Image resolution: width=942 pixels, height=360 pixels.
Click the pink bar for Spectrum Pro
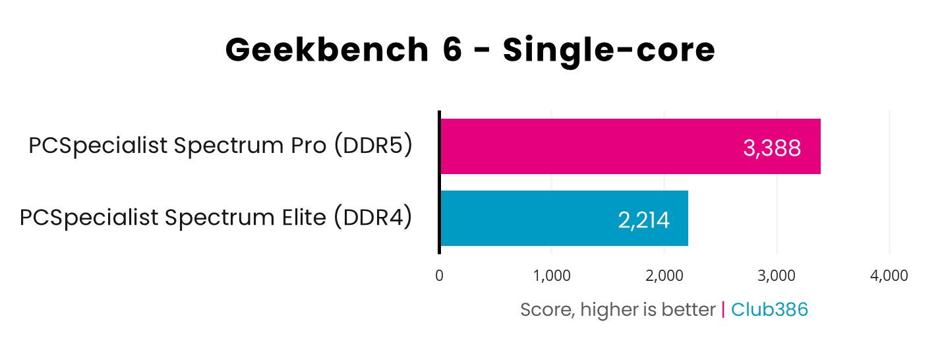(x=593, y=146)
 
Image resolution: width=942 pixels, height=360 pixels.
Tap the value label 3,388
(x=772, y=148)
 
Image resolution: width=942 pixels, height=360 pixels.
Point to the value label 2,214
(x=643, y=220)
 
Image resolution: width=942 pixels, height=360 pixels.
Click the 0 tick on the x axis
(x=439, y=276)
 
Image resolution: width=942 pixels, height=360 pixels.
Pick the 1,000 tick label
(x=552, y=276)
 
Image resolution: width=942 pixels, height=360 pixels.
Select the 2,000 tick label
(x=664, y=276)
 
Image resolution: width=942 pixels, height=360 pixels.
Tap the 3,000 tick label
(x=777, y=276)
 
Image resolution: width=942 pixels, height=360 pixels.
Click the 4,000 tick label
(x=889, y=276)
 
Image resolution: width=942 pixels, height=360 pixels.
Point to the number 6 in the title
(x=452, y=51)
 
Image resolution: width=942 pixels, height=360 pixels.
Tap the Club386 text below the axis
(x=769, y=309)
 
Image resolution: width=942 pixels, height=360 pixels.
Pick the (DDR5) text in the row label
(x=373, y=146)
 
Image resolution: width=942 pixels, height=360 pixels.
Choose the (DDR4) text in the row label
(x=372, y=218)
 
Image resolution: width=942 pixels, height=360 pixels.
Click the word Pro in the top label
(x=305, y=146)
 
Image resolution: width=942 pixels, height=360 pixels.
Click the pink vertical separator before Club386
(x=723, y=309)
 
